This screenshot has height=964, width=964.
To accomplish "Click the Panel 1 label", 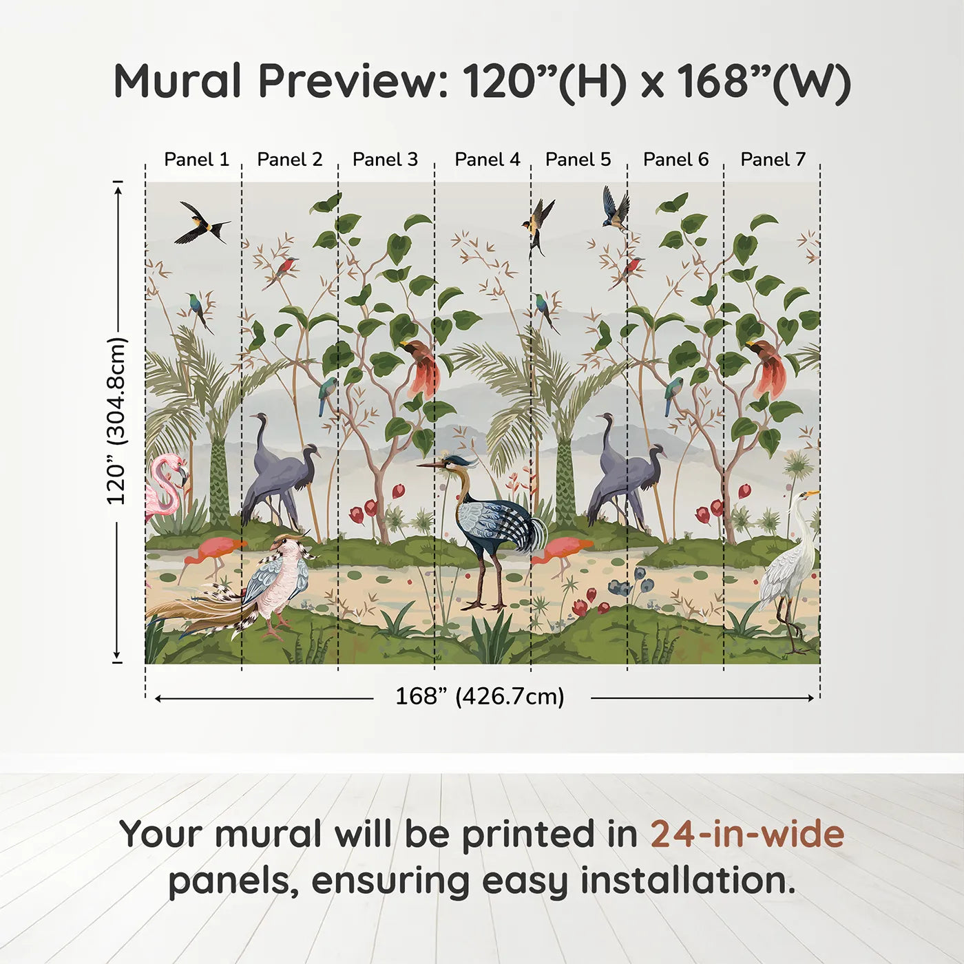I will tap(196, 160).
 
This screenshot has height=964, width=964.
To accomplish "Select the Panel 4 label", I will tap(488, 160).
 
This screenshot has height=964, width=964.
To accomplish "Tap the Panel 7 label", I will tap(773, 160).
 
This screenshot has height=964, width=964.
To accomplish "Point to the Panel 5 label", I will tap(578, 160).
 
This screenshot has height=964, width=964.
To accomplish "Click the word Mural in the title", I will tap(178, 81).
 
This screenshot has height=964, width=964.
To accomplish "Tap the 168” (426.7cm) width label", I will tap(480, 696).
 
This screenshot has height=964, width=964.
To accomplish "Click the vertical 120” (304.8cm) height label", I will tap(117, 421).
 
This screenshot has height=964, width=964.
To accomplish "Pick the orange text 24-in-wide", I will tap(747, 835).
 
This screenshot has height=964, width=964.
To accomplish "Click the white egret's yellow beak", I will tap(812, 494).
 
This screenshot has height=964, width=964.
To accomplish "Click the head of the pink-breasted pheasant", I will tap(289, 544).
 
